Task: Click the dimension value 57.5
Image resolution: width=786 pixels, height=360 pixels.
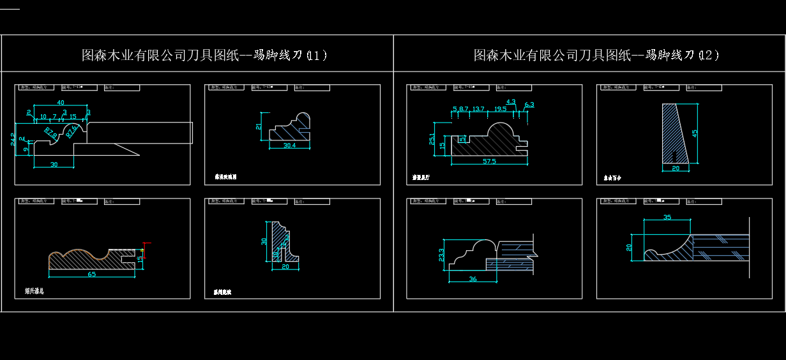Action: tap(490, 161)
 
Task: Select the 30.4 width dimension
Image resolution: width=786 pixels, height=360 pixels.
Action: tap(289, 146)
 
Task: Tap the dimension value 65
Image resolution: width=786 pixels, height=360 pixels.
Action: tap(92, 274)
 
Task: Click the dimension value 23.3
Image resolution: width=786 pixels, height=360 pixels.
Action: tap(441, 255)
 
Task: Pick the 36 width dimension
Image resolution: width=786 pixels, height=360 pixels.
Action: tap(473, 279)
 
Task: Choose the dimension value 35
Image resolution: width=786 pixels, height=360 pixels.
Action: tap(667, 218)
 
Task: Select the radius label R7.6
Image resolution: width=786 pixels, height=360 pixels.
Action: tap(72, 130)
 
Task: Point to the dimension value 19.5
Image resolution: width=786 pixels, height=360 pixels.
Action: tap(500, 109)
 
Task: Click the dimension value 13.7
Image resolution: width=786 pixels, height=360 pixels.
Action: tap(478, 109)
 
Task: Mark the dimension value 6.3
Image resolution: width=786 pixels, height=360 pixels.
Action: tap(529, 104)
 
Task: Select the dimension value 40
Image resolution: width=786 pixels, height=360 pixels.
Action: tap(61, 103)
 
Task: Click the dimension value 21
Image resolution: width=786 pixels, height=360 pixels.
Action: tap(259, 126)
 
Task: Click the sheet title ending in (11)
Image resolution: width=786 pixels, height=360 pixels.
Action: tap(204, 55)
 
